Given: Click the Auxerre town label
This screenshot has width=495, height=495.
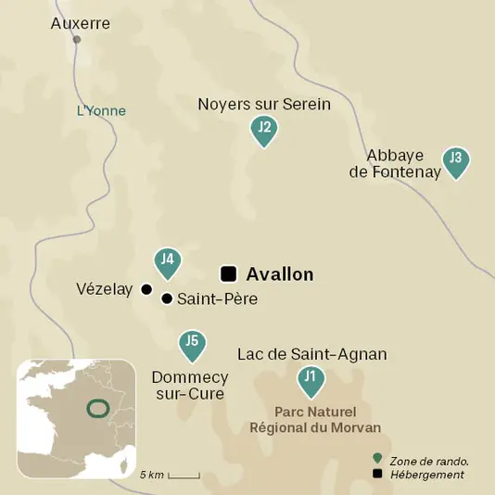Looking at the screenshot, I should tap(81, 23).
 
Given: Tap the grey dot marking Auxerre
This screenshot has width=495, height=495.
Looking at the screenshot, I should tap(77, 40).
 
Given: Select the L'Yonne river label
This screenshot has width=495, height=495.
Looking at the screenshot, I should tap(101, 111).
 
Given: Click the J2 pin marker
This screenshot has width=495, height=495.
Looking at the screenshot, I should tap(264, 131).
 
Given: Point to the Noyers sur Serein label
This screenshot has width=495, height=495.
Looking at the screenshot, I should tap(264, 104).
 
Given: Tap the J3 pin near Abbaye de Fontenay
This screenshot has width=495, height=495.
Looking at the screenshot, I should tap(455, 160).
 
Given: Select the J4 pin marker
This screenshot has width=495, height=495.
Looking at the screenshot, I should tap(167, 263).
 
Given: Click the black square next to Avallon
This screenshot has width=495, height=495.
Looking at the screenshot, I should tap(228, 273).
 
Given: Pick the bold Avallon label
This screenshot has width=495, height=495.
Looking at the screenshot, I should tap(280, 274).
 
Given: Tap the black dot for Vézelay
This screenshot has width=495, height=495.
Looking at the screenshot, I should tap(146, 289).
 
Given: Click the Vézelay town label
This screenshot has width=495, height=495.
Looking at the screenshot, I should tap(106, 290).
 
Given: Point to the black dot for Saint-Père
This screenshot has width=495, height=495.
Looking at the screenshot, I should tap(167, 298).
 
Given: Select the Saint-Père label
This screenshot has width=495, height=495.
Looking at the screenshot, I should tap(217, 299).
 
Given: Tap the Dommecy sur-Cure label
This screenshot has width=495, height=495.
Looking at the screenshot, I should tap(189, 386).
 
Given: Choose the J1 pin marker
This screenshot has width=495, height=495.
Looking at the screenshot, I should tap(311, 379).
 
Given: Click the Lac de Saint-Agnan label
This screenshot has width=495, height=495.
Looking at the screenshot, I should tap(311, 354).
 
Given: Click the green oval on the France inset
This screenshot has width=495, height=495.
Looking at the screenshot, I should tap(94, 408).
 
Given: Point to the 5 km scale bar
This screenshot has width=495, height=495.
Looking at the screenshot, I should tap(184, 476).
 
